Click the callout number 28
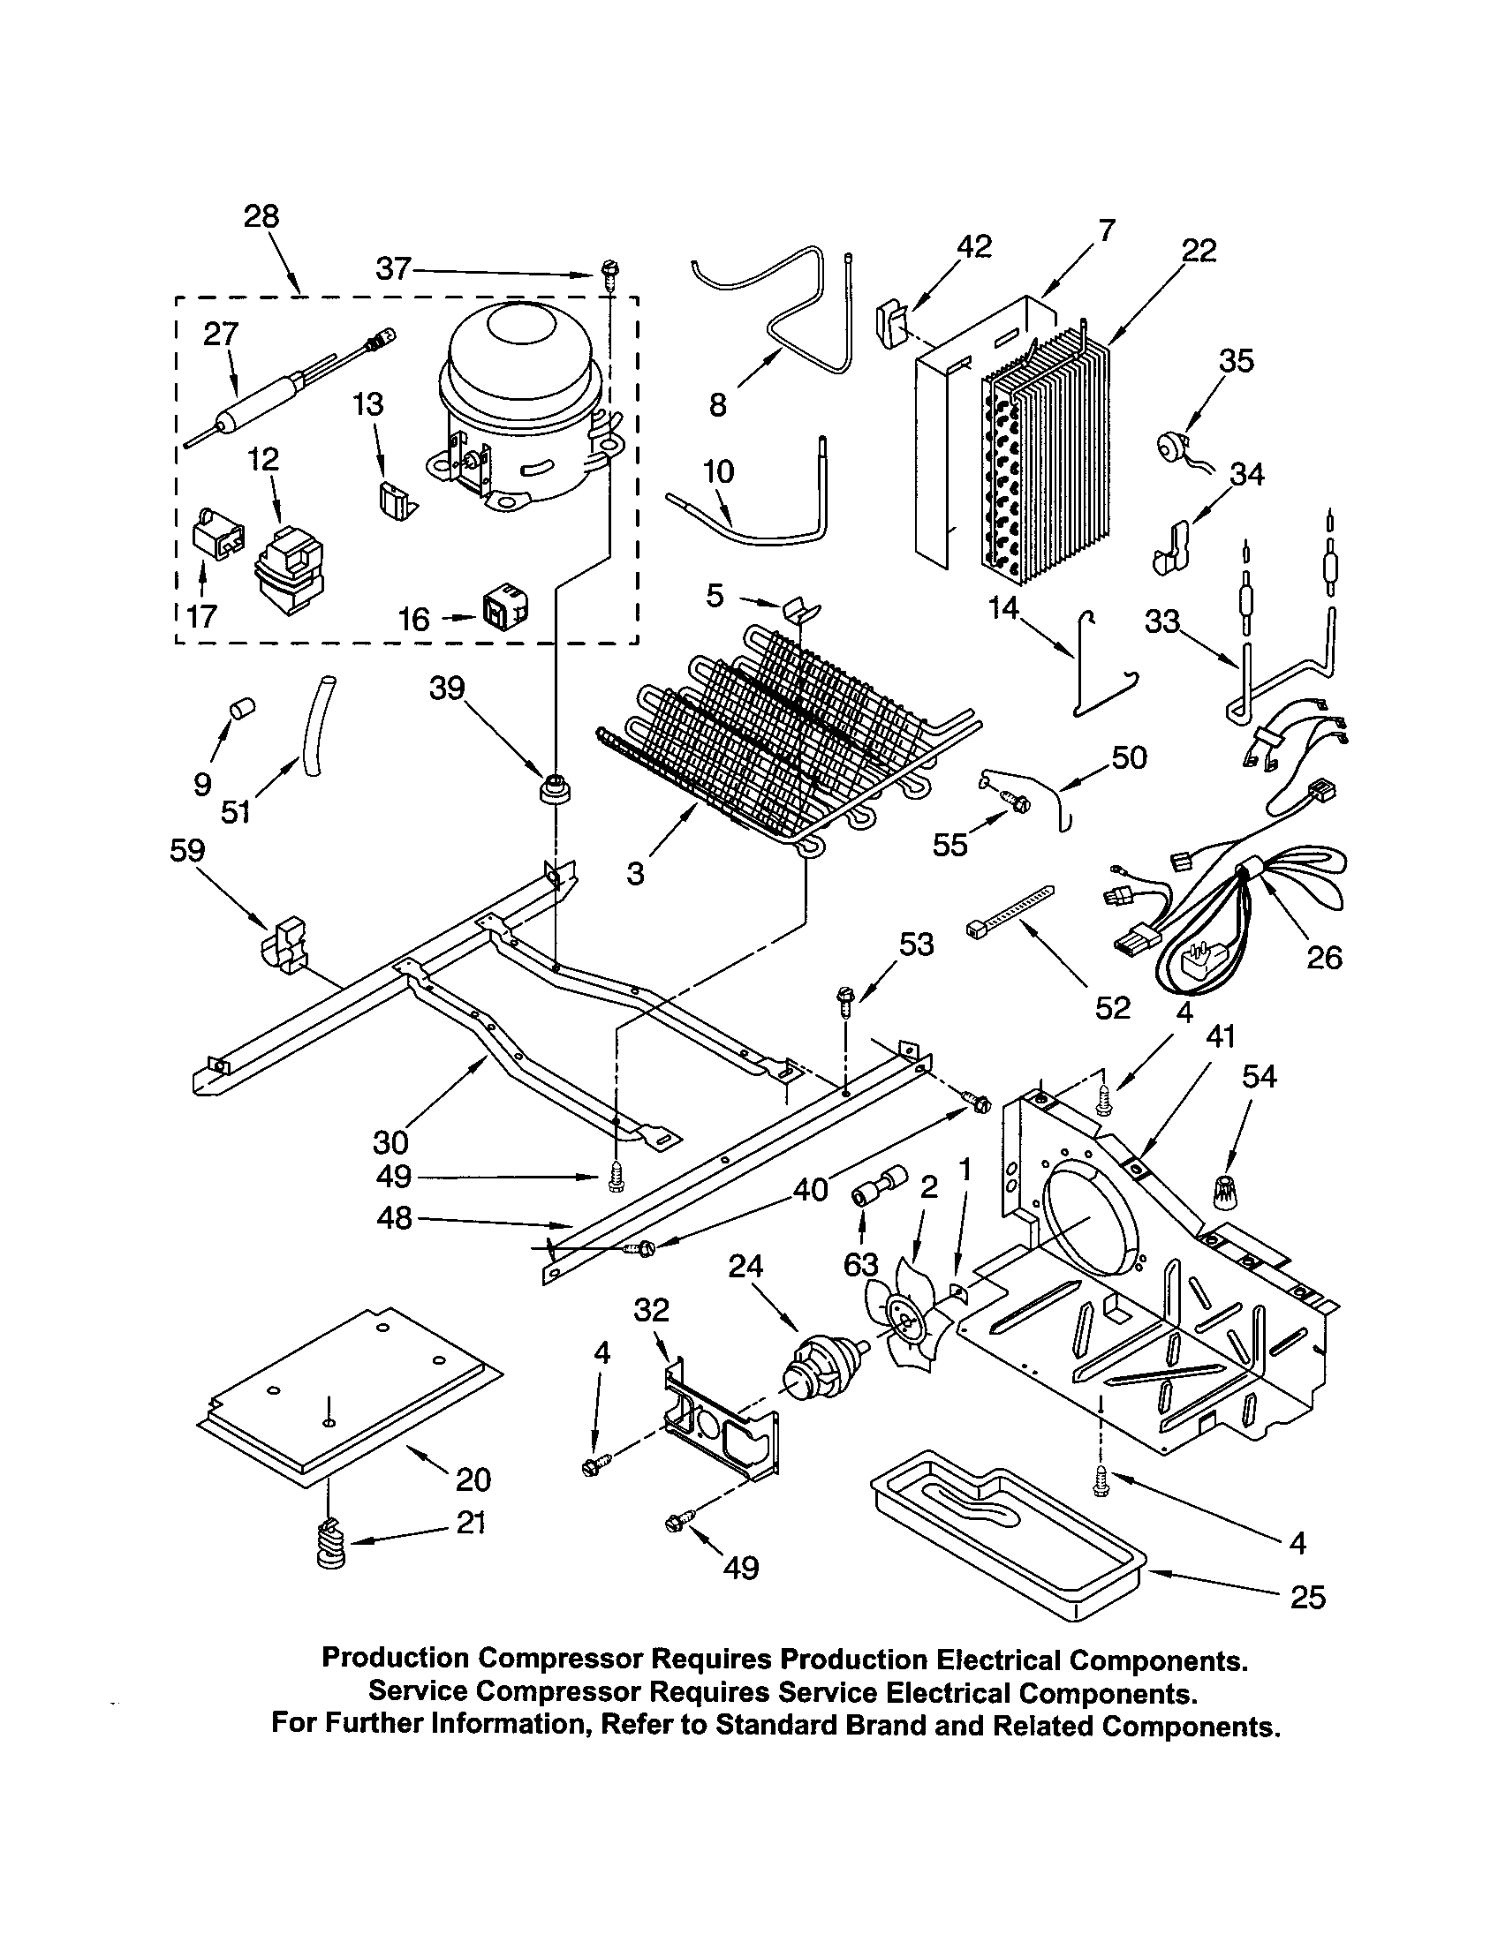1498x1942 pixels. (x=261, y=216)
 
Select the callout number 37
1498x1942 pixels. (x=393, y=267)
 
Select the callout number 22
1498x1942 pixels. (x=1199, y=252)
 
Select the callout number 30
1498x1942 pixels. (x=390, y=1140)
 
